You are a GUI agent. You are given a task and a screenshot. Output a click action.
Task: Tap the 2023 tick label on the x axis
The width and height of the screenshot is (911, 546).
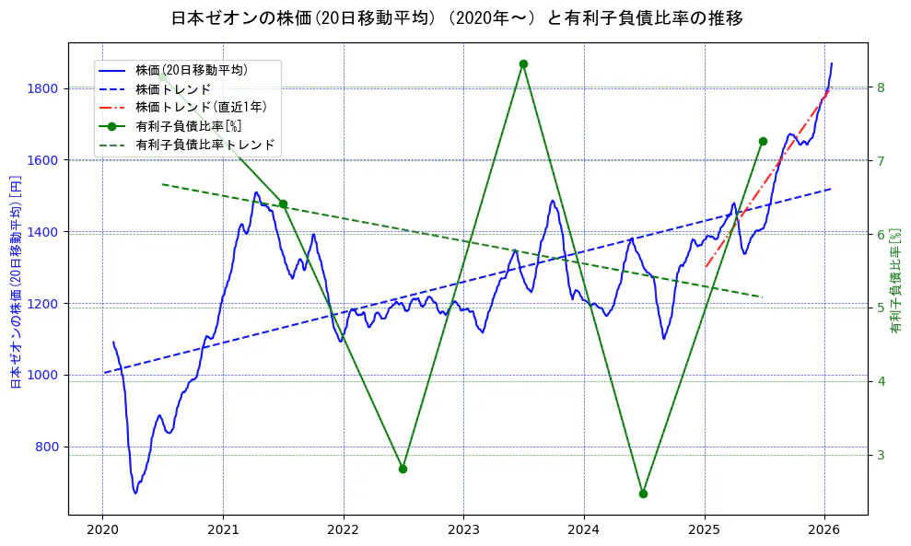(x=463, y=529)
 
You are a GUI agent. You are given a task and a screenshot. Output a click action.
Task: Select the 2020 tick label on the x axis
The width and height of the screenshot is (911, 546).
(x=102, y=529)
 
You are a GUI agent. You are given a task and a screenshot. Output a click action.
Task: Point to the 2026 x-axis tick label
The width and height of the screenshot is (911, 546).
(x=824, y=529)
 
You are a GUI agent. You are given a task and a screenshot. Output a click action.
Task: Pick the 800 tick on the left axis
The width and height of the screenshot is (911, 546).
(x=48, y=447)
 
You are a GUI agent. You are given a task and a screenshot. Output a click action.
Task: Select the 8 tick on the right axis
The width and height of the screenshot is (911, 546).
(x=881, y=87)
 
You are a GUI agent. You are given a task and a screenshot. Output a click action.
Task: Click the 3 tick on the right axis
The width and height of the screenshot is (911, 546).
(x=881, y=455)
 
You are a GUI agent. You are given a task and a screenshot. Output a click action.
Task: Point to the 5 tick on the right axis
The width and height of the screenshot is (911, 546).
(x=881, y=308)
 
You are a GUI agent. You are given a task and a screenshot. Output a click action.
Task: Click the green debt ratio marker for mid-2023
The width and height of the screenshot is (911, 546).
(x=523, y=64)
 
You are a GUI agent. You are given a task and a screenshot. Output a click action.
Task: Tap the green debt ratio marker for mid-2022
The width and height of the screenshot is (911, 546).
(x=403, y=469)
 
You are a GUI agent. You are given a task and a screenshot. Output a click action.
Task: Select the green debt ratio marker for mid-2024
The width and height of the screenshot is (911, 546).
(x=643, y=494)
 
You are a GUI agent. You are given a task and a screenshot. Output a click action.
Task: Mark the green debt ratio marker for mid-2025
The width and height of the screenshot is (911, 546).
(x=763, y=141)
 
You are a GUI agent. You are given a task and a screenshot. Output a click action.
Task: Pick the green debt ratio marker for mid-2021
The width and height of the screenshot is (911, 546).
(x=283, y=204)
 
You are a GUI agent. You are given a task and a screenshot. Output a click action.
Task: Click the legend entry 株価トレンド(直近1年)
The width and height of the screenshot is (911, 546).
(x=199, y=107)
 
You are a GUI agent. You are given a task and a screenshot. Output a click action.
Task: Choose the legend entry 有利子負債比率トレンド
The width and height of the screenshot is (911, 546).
(x=204, y=145)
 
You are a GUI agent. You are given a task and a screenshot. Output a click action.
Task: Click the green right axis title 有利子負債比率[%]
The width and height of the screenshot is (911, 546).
(x=895, y=281)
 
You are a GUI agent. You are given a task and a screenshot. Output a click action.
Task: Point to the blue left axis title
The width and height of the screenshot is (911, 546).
(x=15, y=281)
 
